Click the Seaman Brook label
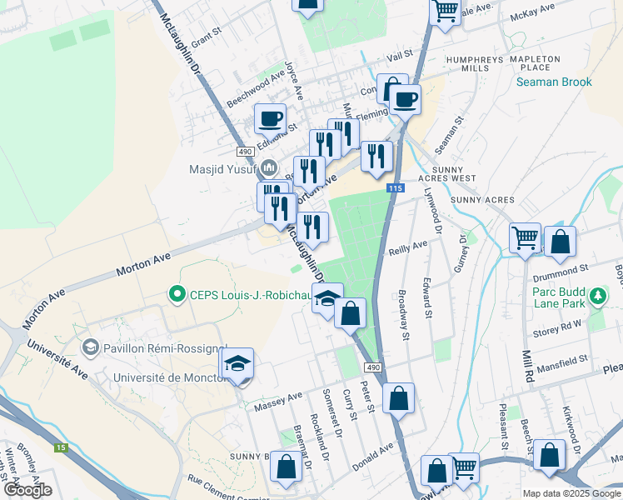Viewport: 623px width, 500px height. [x=553, y=82]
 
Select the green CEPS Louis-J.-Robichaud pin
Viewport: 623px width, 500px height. [x=176, y=293]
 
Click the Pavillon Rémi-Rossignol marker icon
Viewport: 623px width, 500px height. [x=90, y=346]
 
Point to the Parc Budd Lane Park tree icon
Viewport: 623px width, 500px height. [x=596, y=296]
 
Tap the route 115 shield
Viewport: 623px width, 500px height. [x=395, y=189]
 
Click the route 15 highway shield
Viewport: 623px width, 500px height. [x=60, y=447]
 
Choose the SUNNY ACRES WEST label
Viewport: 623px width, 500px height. [x=464, y=173]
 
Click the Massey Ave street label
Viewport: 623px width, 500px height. [x=284, y=397]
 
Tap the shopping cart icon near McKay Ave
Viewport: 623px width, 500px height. [x=445, y=11]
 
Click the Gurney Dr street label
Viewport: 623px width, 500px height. [x=464, y=256]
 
